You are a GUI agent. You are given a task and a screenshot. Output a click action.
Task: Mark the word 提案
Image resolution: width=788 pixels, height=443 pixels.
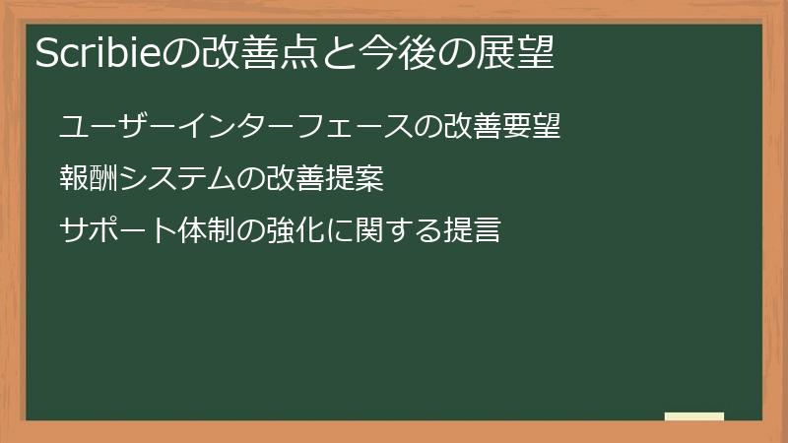tap(355, 180)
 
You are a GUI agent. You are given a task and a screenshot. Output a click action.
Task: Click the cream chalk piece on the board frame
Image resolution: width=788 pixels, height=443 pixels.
tap(694, 416)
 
